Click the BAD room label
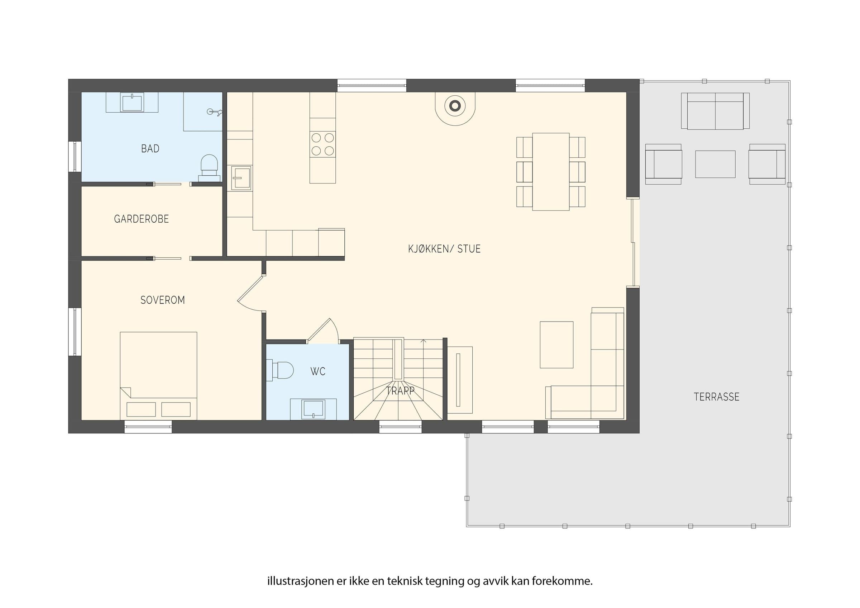[x=150, y=149]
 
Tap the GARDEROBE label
[x=141, y=219]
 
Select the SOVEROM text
[x=163, y=300]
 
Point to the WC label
[x=317, y=371]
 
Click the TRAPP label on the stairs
[x=400, y=391]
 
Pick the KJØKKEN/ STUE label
[x=444, y=249]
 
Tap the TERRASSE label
[x=717, y=397]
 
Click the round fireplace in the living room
[x=455, y=106]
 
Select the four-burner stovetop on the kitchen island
[x=322, y=144]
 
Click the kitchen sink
[x=241, y=178]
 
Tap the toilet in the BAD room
[x=209, y=168]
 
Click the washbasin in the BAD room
[x=132, y=102]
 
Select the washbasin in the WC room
[x=313, y=409]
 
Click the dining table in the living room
[x=551, y=172]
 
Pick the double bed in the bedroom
[x=158, y=376]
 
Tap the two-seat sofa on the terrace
[x=715, y=111]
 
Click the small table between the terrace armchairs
[x=715, y=164]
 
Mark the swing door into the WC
[x=323, y=331]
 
